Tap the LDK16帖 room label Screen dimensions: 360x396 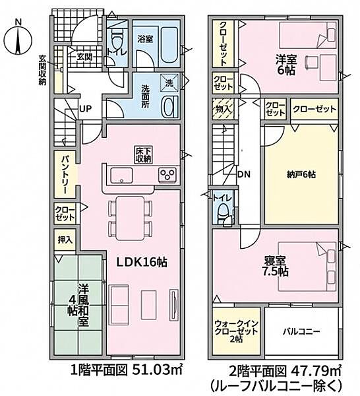click(x=142, y=263)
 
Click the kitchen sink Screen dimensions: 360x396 click(x=121, y=175)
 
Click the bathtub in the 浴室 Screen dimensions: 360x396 click(x=169, y=46)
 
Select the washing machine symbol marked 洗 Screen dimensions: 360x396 click(x=169, y=82)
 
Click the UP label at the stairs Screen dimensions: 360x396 click(x=85, y=109)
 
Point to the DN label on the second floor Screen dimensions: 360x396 click(x=244, y=174)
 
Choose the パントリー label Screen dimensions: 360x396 click(x=65, y=175)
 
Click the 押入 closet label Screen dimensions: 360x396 click(x=65, y=240)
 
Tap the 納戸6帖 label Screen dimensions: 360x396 click(x=301, y=174)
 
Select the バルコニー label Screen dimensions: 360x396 click(x=301, y=331)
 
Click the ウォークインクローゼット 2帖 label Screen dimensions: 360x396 click(x=237, y=331)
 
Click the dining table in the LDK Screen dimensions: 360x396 click(x=130, y=218)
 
